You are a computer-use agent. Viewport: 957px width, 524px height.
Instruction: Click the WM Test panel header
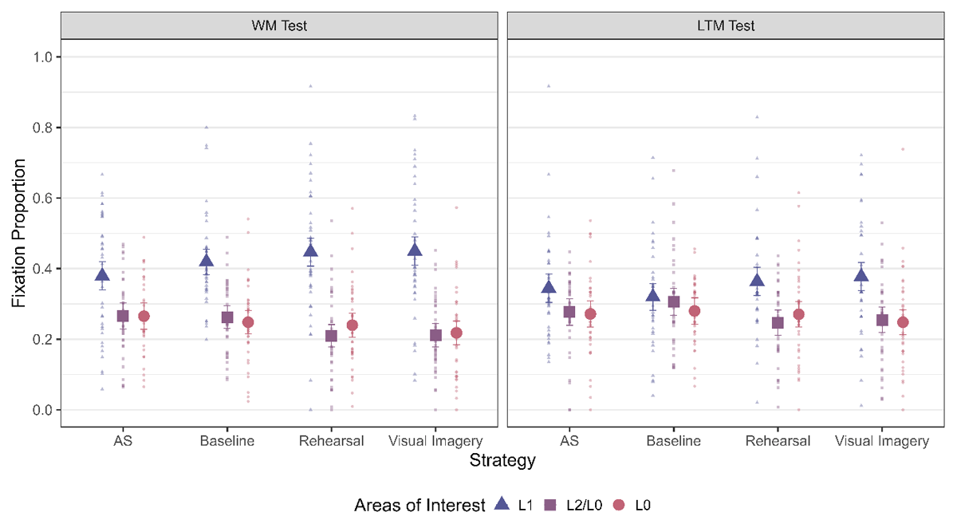(279, 26)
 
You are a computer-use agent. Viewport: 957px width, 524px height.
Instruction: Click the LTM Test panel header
(725, 26)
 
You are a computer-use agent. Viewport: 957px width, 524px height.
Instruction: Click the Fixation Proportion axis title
(19, 233)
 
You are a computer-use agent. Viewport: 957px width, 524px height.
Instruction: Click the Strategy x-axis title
(502, 461)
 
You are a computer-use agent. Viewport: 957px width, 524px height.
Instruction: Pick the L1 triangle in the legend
(502, 503)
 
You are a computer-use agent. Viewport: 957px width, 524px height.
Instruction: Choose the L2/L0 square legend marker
(550, 504)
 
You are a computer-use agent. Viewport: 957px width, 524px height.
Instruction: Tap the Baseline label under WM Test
(226, 441)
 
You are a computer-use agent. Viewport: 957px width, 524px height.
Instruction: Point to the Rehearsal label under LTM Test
(777, 441)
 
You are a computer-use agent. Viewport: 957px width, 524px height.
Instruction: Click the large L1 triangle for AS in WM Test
(102, 275)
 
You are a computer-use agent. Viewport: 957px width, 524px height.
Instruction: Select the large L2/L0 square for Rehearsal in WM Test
(331, 336)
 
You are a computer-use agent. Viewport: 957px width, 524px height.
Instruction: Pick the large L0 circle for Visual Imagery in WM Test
(456, 333)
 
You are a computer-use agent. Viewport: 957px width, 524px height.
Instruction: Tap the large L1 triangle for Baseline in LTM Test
(653, 296)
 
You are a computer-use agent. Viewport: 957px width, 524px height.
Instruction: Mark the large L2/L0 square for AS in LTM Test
(569, 312)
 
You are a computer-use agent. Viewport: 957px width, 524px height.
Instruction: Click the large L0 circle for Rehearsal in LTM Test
(798, 314)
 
